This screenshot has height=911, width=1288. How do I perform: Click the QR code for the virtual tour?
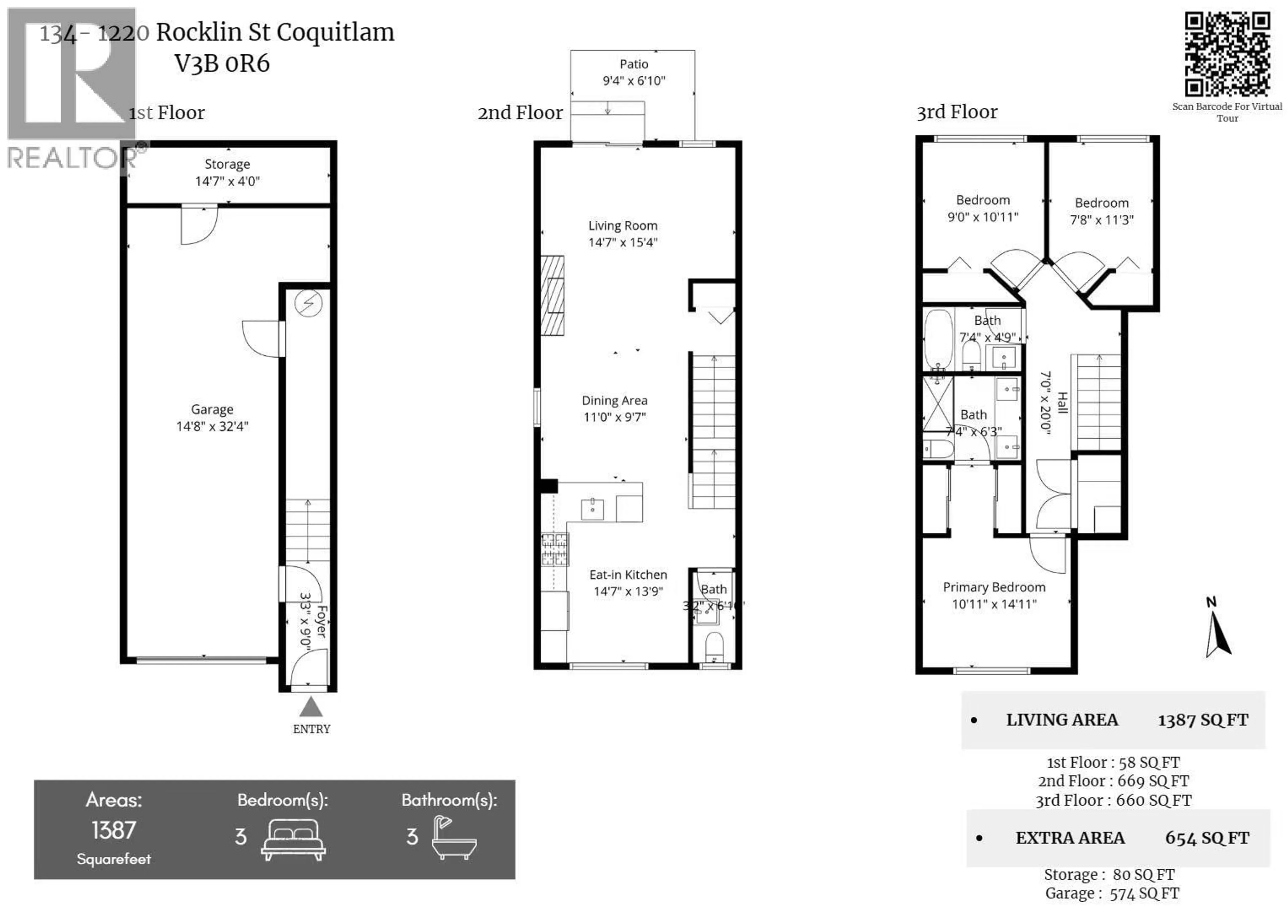pyautogui.click(x=1227, y=54)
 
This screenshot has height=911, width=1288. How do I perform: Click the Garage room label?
pyautogui.click(x=212, y=410)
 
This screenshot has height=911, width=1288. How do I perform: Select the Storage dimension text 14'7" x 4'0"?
pyautogui.click(x=227, y=181)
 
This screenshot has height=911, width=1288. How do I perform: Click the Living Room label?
pyautogui.click(x=623, y=225)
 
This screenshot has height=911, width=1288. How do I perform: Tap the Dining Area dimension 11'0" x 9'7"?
pyautogui.click(x=615, y=417)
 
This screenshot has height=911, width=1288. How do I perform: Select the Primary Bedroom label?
pyautogui.click(x=994, y=587)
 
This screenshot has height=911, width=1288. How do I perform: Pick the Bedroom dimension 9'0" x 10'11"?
pyautogui.click(x=983, y=217)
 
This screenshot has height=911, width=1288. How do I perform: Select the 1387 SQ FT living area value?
pyautogui.click(x=1203, y=720)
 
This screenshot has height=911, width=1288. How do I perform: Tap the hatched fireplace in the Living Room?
pyautogui.click(x=552, y=296)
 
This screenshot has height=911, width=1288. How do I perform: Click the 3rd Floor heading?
pyautogui.click(x=957, y=112)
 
